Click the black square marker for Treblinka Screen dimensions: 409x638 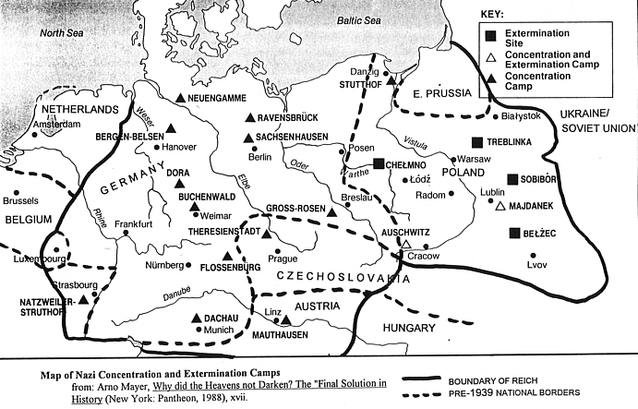477,142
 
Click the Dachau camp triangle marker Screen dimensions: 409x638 196,318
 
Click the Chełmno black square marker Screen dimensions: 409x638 379,163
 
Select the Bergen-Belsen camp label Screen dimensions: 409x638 128,137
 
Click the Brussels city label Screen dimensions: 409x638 21,200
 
